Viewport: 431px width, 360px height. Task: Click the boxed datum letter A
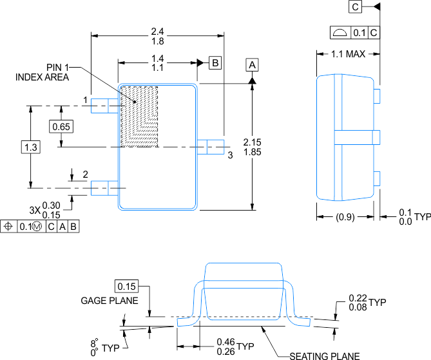pos(253,65)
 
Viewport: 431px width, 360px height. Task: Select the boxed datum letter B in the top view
pos(215,62)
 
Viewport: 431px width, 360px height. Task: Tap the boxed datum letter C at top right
pos(356,7)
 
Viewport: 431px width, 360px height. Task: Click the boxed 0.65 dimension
pos(61,127)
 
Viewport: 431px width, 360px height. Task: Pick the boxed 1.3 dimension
pos(31,147)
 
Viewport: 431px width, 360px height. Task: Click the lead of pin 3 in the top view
pos(211,147)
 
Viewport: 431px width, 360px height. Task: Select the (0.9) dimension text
pos(345,217)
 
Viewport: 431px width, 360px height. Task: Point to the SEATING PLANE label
pos(324,355)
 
